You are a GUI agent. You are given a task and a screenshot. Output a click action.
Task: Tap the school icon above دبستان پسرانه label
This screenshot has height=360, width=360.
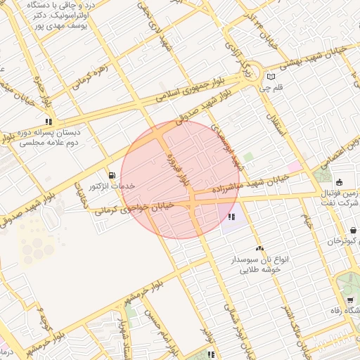coord(48,121)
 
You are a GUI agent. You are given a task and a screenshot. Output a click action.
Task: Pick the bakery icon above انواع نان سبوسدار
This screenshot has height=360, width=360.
coord(260,248)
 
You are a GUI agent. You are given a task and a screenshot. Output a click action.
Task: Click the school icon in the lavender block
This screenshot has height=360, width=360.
coord(231,217)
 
